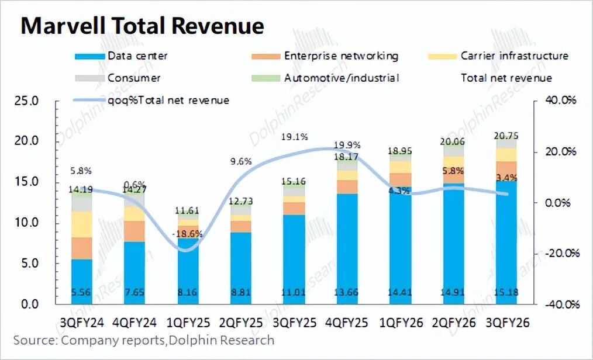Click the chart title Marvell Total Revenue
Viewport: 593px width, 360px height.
[142, 26]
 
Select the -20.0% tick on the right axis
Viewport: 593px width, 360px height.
[563, 254]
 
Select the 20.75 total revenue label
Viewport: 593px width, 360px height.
[507, 136]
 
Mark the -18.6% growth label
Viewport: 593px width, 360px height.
[188, 234]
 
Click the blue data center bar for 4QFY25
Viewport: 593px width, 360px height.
[347, 245]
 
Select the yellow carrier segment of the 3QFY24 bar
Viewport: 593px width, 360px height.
[82, 224]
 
